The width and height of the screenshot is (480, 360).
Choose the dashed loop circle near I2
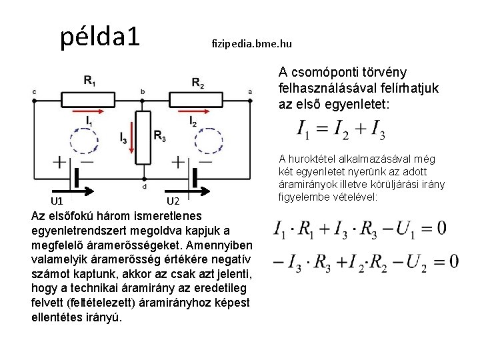208,141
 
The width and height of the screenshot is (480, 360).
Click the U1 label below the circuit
57,200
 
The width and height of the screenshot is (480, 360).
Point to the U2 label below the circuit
173,201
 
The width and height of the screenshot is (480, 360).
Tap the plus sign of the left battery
59,163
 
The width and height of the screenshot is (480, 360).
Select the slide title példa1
100,37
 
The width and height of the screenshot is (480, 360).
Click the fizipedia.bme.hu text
251,44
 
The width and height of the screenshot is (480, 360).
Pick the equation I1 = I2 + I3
341,129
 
